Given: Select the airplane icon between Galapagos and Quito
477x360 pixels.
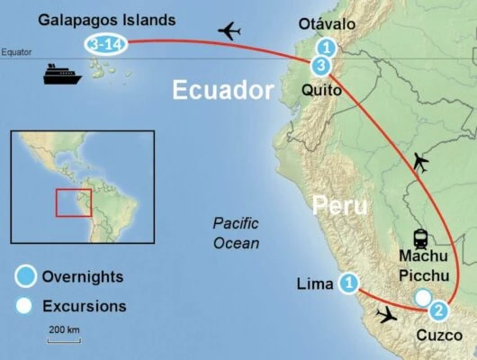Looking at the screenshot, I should click(x=229, y=32).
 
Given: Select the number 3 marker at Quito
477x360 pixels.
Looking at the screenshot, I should click(x=322, y=65).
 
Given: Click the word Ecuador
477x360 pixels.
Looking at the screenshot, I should click(x=222, y=91).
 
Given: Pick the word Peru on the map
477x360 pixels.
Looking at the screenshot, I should click(x=340, y=205).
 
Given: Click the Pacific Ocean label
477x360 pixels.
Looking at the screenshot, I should click(x=236, y=233).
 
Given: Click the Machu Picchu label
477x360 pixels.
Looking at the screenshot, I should click(x=423, y=265).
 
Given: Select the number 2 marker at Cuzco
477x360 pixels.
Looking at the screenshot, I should click(x=437, y=311).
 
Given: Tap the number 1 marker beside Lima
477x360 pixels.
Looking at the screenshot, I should click(x=348, y=284).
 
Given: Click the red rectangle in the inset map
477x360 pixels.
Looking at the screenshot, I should click(x=73, y=202).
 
